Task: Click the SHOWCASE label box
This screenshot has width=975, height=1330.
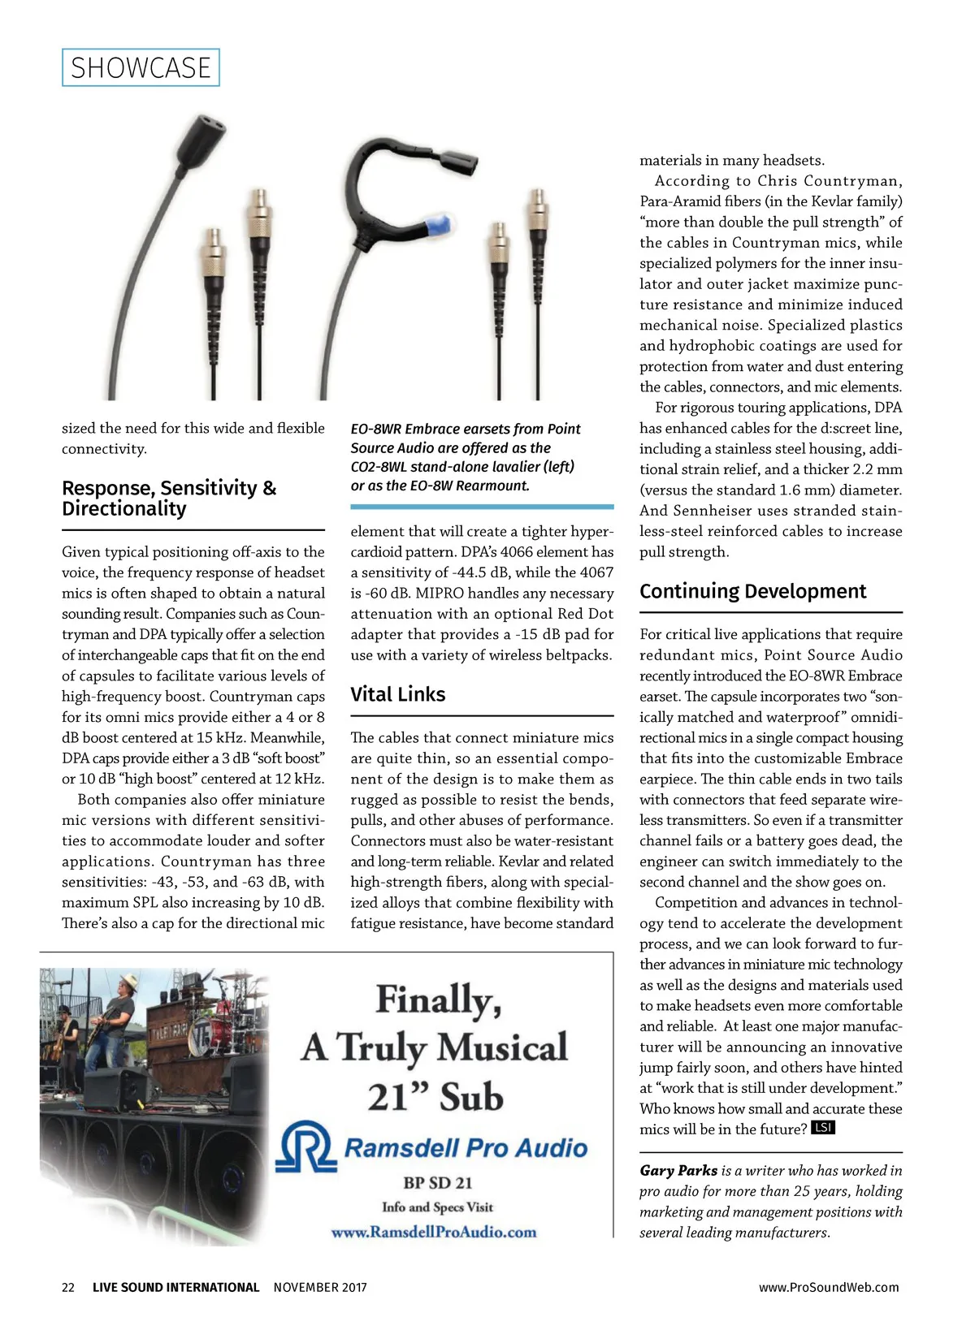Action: coord(141,67)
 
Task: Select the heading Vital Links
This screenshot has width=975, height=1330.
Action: coord(398,694)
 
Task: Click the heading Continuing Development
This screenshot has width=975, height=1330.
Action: coord(752,591)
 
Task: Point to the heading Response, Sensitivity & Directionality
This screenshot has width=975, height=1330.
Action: coord(169,498)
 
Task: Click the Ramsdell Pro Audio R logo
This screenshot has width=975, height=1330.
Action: coord(305,1146)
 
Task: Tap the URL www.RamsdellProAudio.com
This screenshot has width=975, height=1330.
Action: coord(434,1232)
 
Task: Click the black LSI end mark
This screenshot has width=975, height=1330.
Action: coord(823,1128)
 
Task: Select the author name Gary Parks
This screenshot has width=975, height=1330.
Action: coord(678,1170)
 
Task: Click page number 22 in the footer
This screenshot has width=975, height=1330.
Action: coord(68,1287)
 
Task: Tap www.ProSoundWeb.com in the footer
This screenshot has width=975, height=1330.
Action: coord(829,1287)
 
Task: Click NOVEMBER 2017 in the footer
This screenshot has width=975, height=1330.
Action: coord(320,1287)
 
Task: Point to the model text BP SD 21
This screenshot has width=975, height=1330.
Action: coord(437,1182)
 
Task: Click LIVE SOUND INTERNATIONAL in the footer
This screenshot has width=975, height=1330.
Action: coord(175,1287)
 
